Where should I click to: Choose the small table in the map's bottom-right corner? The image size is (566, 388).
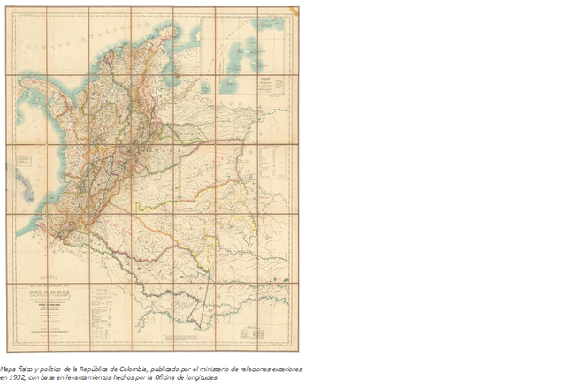(x=257, y=332)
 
